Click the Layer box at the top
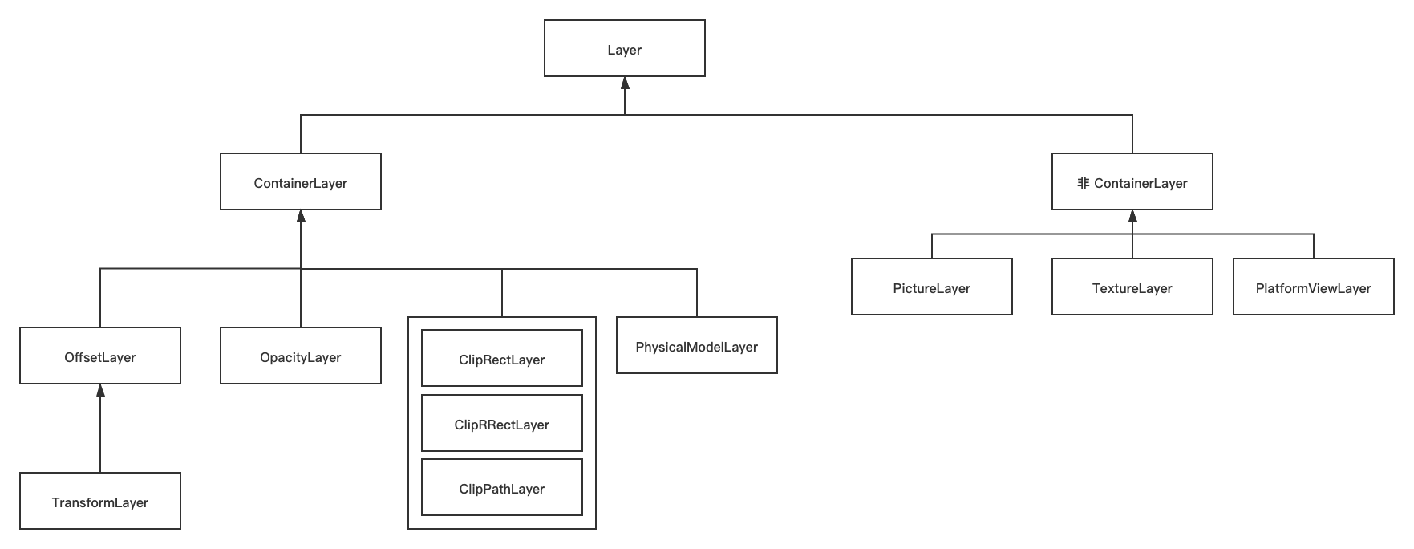pyautogui.click(x=624, y=49)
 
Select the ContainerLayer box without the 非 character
pyautogui.click(x=300, y=182)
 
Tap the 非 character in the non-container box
pyautogui.click(x=1083, y=183)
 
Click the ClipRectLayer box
pyautogui.click(x=501, y=359)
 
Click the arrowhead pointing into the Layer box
pyautogui.click(x=624, y=83)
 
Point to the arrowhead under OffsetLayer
pyautogui.click(x=100, y=390)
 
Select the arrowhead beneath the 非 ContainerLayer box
pyautogui.click(x=1132, y=216)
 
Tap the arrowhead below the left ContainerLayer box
pyautogui.click(x=300, y=216)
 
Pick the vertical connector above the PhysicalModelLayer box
pyautogui.click(x=696, y=293)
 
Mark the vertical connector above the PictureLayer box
pyautogui.click(x=931, y=246)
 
